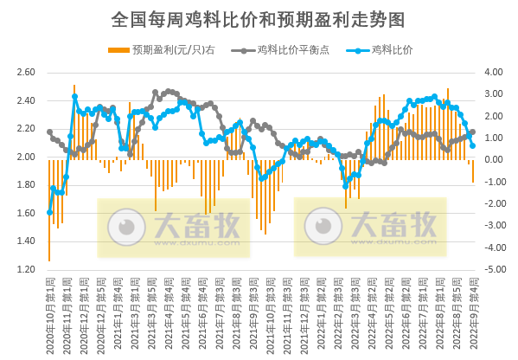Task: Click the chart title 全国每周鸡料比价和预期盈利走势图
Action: click(x=259, y=18)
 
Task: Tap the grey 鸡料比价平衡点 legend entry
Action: click(x=282, y=49)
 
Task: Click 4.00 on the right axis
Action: click(x=492, y=73)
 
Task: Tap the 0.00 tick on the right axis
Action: click(x=492, y=160)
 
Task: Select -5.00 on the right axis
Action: click(x=492, y=270)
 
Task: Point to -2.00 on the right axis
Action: click(x=492, y=204)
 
